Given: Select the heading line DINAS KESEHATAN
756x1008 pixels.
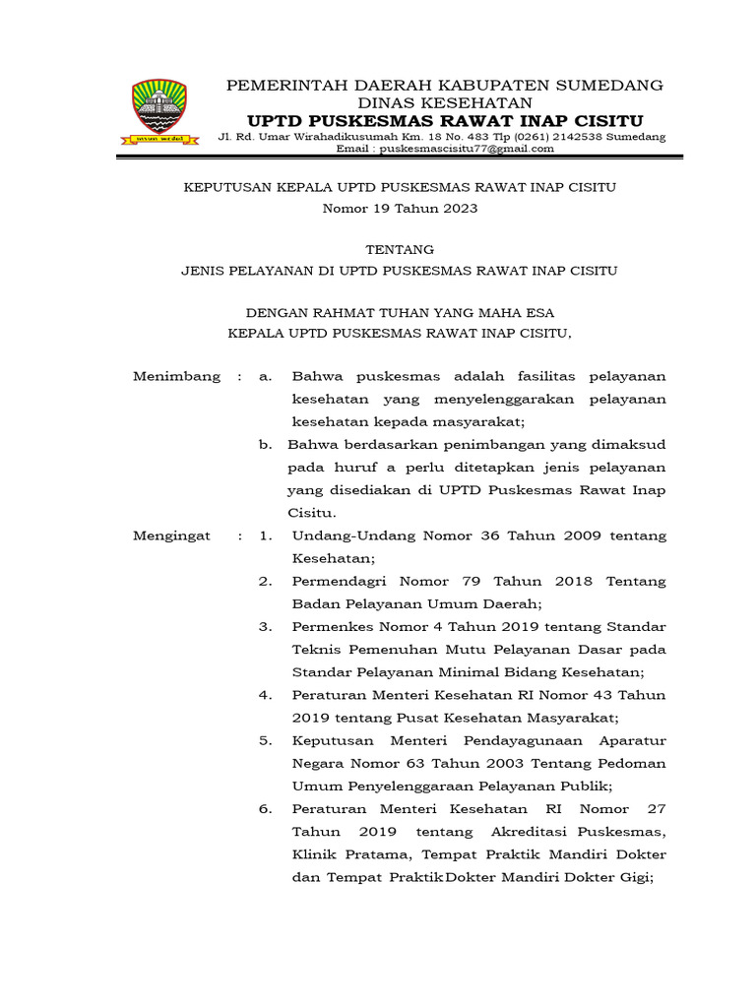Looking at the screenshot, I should click(x=445, y=102).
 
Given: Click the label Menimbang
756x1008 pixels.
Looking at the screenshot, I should click(x=176, y=377).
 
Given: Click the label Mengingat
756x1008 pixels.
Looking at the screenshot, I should click(x=171, y=535).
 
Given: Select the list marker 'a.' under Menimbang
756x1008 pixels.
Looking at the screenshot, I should click(x=265, y=377).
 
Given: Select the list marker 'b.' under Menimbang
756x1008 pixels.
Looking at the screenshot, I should click(x=265, y=445).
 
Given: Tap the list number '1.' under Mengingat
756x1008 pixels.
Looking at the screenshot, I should click(x=265, y=535).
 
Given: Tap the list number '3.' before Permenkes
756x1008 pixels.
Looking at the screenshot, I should click(x=265, y=627).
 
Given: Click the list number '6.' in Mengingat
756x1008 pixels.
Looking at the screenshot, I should click(x=265, y=809).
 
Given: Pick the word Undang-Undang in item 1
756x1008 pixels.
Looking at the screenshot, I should click(x=344, y=535).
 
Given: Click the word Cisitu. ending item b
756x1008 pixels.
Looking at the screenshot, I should click(x=312, y=513).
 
